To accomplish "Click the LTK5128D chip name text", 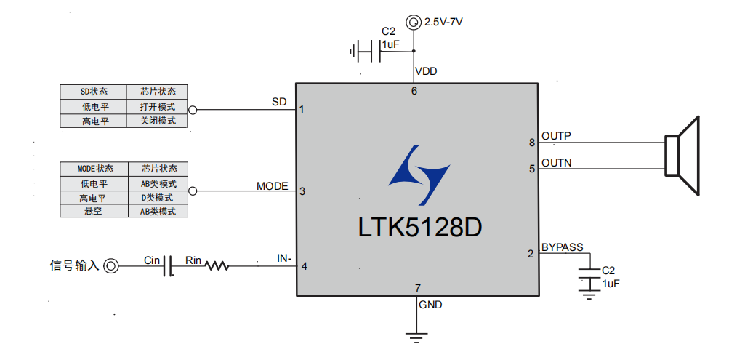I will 420,227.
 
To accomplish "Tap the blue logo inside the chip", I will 418,175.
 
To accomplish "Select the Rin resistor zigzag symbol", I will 217,266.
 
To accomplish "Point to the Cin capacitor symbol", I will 168,266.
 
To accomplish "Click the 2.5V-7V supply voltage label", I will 443,23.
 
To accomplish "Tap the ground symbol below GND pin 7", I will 416,337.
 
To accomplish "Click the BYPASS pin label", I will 562,247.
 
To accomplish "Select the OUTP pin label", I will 556,136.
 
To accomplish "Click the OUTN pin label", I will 556,163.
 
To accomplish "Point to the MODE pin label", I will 272,186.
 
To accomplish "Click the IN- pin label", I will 284,258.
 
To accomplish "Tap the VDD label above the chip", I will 426,71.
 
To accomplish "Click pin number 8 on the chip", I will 532,142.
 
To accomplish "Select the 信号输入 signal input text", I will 74,266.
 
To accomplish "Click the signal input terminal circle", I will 110,266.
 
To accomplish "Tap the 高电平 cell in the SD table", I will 94,121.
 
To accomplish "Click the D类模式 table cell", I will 158,198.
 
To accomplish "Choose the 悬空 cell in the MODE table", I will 94,212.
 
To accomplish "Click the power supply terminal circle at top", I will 414,23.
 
